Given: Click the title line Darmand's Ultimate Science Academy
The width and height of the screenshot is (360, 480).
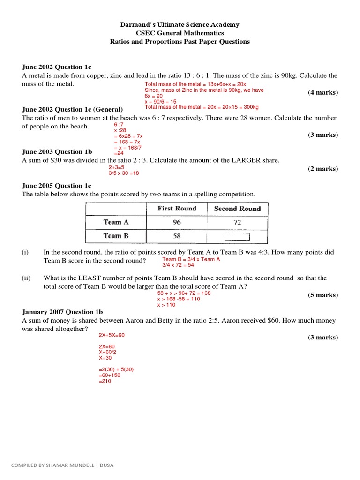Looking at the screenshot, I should pos(180,24).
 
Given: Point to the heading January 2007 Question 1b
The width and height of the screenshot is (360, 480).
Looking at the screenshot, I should pos(62,312).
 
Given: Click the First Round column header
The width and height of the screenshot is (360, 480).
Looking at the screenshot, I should pos(177,209).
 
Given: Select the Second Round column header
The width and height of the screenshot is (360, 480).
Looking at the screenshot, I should pos(237,209).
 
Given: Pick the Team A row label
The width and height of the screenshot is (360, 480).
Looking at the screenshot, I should pos(116,222).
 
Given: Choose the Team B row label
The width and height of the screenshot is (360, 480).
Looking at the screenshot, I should pos(116,236).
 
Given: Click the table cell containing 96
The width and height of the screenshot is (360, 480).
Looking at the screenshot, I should pos(177,222).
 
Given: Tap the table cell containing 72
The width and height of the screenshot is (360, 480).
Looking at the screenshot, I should pos(237,222).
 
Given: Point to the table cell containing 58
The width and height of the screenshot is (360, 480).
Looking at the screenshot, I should pos(177,236).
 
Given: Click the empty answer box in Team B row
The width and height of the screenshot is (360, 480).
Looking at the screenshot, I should pos(237,236).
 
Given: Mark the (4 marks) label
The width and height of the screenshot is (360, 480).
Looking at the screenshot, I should pos(322,92).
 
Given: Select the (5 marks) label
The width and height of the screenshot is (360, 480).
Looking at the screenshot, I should pos(322,295).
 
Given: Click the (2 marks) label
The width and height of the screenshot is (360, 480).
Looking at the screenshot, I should pos(322,169).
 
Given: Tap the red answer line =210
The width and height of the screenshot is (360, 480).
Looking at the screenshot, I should pos(105,381).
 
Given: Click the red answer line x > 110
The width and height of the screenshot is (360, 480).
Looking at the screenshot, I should pos(166,305).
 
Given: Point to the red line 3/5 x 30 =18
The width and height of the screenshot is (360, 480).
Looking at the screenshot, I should pos(124,173).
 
